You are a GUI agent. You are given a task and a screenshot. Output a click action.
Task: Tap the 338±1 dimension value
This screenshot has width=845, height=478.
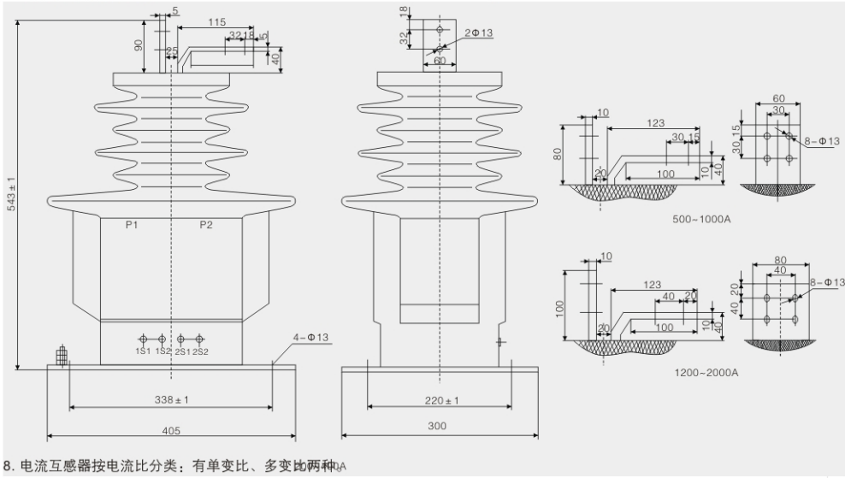click(x=171, y=400)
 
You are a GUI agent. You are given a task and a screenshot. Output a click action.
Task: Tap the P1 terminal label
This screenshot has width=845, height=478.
click(x=133, y=225)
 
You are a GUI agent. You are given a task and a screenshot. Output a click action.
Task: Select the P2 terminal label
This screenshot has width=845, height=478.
click(x=205, y=225)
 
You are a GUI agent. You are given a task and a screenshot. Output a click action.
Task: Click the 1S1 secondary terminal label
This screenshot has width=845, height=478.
click(x=142, y=351)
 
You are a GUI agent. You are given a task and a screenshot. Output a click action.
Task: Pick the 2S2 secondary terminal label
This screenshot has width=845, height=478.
click(x=201, y=351)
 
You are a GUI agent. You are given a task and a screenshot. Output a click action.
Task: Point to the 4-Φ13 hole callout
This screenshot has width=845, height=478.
click(x=311, y=337)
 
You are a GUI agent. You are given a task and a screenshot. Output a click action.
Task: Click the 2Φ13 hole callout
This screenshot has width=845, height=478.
click(x=479, y=32)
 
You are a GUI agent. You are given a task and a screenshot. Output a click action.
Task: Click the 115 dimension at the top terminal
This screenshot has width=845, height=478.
click(x=216, y=21)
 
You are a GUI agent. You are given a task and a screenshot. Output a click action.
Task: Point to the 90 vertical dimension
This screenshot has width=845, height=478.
click(x=139, y=44)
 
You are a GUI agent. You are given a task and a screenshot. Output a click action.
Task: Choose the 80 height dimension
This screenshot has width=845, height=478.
click(x=557, y=155)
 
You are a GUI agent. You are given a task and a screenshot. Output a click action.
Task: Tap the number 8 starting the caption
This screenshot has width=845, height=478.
click(x=8, y=465)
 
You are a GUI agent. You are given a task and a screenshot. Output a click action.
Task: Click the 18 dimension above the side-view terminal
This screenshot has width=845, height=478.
click(x=404, y=11)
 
